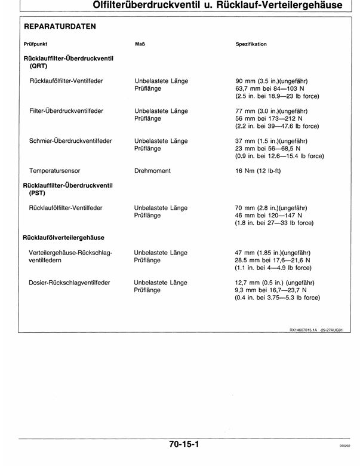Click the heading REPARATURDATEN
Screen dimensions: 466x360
coord(59,27)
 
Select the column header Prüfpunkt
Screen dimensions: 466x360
coord(35,44)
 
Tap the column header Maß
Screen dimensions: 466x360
coord(141,44)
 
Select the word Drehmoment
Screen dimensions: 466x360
coord(153,171)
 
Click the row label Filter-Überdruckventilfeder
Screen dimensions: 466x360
coord(66,111)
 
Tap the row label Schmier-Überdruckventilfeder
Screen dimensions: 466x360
coord(70,141)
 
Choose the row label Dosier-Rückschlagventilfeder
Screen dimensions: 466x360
coord(69,283)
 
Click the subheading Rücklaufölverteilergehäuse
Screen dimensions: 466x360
coord(64,238)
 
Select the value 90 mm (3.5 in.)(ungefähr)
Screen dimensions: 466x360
coord(272,81)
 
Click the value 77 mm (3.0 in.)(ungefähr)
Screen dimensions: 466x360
coord(272,111)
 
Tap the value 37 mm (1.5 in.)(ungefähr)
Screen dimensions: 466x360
coord(272,141)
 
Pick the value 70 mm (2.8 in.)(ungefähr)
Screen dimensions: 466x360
coord(272,208)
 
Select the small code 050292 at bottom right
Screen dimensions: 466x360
coord(344,446)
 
